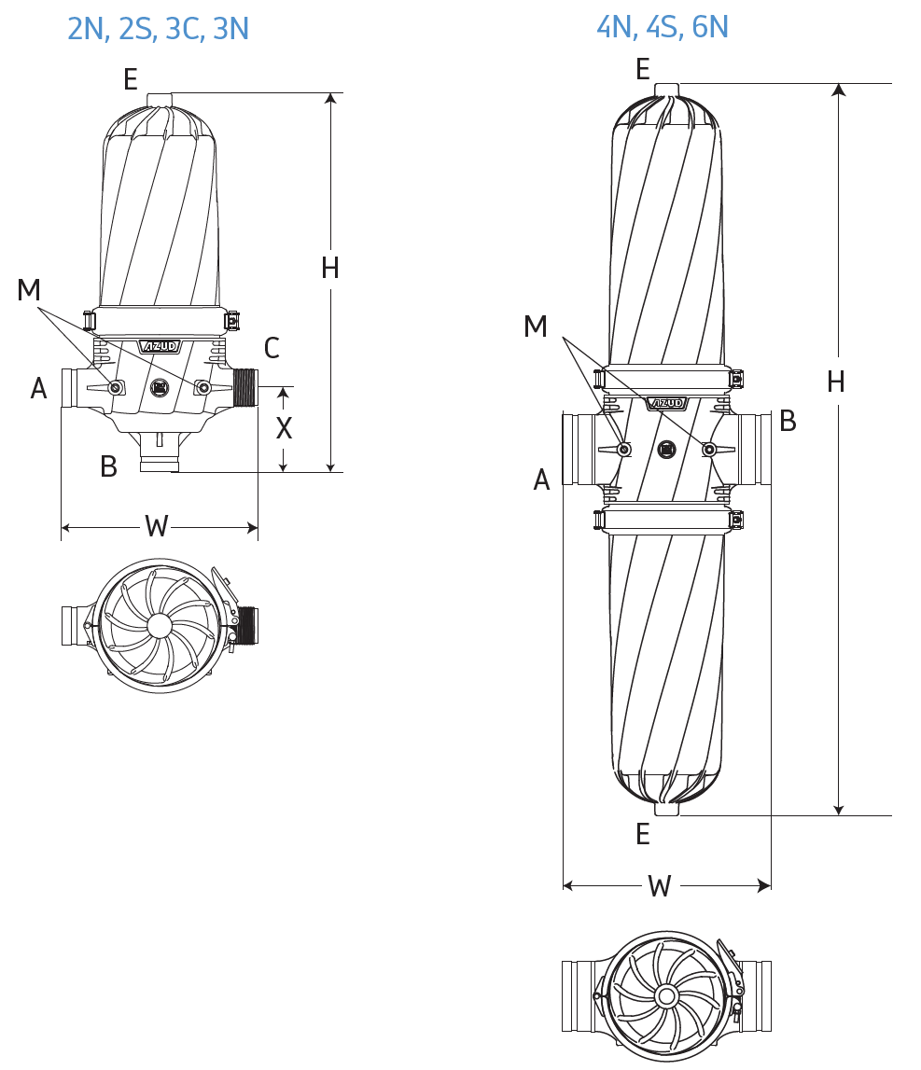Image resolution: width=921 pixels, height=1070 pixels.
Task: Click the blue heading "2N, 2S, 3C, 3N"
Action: (x=158, y=29)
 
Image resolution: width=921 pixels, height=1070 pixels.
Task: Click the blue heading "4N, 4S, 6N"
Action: (x=663, y=27)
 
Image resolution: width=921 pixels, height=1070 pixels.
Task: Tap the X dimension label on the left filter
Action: (x=284, y=428)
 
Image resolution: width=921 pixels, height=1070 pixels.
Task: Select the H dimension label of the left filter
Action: (x=330, y=268)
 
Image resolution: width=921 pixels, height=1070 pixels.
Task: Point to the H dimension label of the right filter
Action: (x=836, y=382)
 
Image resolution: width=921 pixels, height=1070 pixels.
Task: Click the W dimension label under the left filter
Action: (x=157, y=526)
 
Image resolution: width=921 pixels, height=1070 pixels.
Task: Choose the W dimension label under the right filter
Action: (x=660, y=885)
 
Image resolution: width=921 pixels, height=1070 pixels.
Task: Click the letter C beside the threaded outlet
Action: (x=272, y=348)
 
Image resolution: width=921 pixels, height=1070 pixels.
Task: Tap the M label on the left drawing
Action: (x=29, y=290)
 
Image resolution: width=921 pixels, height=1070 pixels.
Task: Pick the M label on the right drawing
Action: (x=536, y=327)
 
